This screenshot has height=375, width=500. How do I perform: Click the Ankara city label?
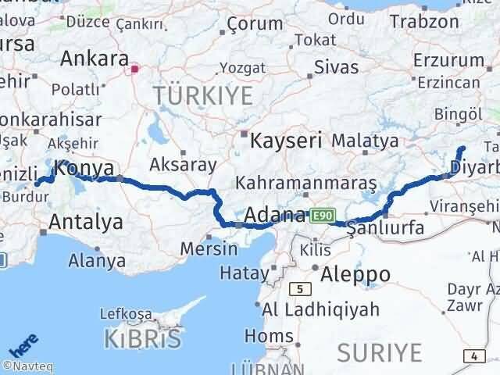pos(95,59)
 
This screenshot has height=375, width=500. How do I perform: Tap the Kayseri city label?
pos(286,141)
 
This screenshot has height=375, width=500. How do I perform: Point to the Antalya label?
pos(85,221)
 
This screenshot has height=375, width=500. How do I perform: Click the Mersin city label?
pos(209,249)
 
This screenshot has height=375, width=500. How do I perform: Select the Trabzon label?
pos(420,22)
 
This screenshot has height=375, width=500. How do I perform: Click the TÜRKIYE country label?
pos(203,96)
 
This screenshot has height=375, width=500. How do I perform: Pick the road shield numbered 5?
pos(299,289)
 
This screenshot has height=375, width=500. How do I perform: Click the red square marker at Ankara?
pos(134,69)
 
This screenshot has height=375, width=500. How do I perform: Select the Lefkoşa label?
pos(126,314)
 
